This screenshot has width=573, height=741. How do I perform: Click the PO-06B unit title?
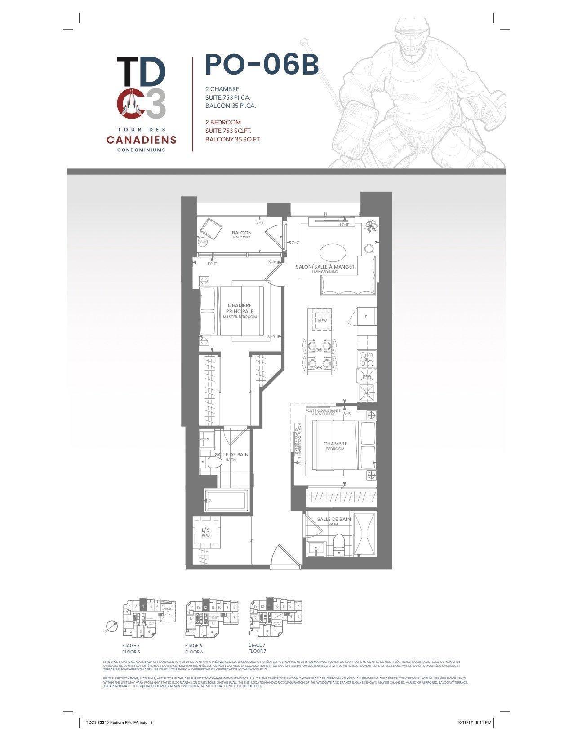point(262,65)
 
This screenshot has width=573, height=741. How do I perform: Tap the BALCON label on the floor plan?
point(241,234)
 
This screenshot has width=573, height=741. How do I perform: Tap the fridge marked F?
point(366,317)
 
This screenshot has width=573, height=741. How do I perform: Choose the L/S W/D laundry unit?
point(206,533)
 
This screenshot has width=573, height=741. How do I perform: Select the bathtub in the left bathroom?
point(227,500)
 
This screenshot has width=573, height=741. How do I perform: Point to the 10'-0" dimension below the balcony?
point(213,264)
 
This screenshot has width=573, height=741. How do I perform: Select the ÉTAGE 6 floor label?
point(194,645)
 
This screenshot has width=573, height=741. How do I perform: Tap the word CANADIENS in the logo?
point(142,140)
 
